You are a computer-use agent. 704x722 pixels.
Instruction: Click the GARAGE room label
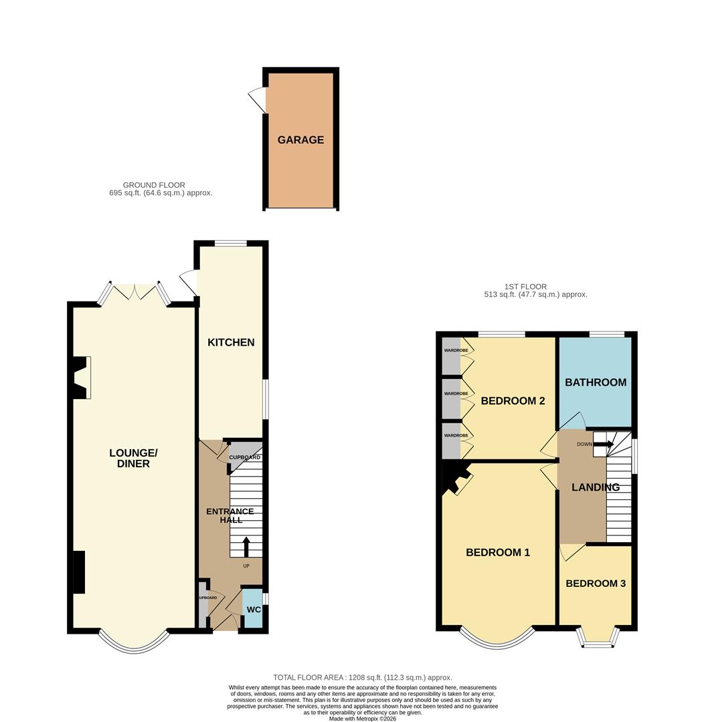[300, 140]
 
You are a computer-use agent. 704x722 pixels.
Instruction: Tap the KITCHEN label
[231, 342]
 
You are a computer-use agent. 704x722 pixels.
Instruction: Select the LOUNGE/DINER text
[133, 458]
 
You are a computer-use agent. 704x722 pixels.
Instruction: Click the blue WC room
[253, 608]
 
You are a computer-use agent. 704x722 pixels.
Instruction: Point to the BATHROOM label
[596, 382]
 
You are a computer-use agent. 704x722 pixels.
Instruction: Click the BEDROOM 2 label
[513, 400]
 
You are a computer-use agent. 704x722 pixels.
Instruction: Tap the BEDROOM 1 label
[498, 552]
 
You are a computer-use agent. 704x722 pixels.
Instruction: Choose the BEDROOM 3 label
[596, 584]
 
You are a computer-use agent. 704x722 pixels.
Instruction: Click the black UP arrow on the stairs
[246, 547]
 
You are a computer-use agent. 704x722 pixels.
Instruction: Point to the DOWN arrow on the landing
[603, 445]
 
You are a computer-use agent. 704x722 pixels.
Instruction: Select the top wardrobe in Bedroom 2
[451, 356]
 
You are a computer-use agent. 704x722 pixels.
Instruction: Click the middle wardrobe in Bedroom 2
[451, 398]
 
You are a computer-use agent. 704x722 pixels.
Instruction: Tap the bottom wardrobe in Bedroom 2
[451, 441]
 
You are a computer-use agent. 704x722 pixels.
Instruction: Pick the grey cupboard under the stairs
[246, 455]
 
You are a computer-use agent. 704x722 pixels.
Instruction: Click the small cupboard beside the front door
[203, 604]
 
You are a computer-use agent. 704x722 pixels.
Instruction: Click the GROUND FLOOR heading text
[154, 185]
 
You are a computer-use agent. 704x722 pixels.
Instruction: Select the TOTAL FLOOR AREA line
[363, 677]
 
